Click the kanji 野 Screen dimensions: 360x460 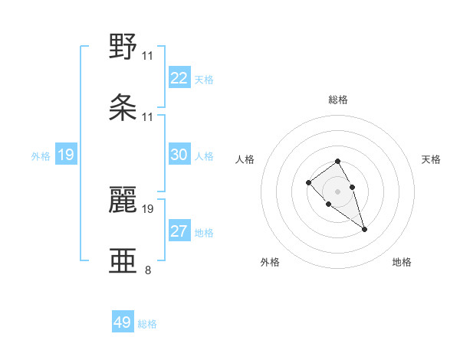pos(123,47)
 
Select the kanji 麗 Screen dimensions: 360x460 pos(123,199)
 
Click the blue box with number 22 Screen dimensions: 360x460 pos(179,78)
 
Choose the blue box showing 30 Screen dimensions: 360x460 pos(179,155)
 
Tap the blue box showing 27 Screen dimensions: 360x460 pos(179,231)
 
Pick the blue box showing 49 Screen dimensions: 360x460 pos(123,322)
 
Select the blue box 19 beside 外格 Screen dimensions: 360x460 pos(66,155)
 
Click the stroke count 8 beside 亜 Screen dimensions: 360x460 pos(148,270)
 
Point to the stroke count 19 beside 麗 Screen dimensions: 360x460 pos(148,208)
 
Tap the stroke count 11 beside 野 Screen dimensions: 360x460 pos(148,55)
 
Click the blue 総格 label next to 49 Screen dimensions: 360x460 pos(147,324)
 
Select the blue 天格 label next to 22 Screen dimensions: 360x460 pos(203,80)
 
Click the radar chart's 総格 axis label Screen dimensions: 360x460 pos(338,100)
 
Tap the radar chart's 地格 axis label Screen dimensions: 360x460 pos(402,262)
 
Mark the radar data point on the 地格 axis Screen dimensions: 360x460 pos(364,229)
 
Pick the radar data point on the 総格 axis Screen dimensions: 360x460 pos(337,161)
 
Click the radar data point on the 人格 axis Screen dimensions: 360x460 pos(308,182)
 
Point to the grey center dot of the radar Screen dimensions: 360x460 pos(337,191)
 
